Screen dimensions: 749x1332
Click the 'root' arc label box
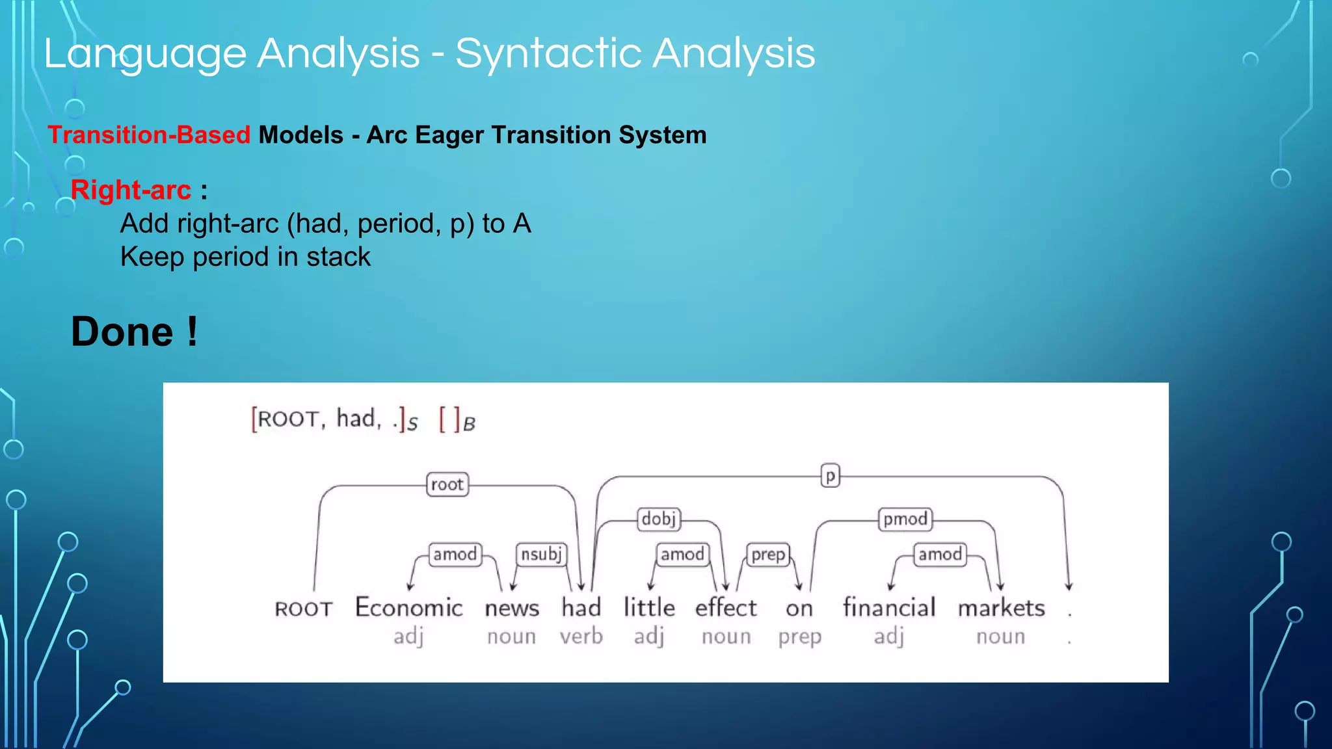447,484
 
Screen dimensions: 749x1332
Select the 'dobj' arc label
659,519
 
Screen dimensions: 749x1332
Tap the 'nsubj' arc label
541,554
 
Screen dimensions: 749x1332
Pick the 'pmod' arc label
905,519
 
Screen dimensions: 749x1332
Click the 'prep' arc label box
768,554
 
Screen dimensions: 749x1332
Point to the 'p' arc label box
830,475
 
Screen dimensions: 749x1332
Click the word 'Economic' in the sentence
408,607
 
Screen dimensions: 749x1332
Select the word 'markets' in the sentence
1001,607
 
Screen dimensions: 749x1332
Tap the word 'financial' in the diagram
889,607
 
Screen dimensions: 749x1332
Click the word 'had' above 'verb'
581,607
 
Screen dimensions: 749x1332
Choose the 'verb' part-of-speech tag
581,636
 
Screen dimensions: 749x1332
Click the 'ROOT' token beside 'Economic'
303,609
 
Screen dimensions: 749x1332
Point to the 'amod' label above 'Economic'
455,554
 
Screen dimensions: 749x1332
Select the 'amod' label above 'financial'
940,554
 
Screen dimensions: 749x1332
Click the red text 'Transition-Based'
149,135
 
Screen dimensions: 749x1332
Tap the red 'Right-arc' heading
131,190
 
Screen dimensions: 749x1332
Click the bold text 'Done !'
134,332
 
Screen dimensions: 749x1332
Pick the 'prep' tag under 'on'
799,637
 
